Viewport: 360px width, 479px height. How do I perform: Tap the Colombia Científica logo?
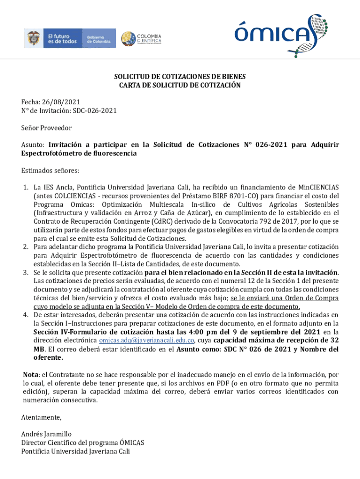[141, 39]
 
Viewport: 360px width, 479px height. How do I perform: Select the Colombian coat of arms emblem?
[33, 38]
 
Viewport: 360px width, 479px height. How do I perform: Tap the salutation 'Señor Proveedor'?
[46, 128]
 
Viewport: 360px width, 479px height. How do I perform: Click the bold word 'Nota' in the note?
[31, 375]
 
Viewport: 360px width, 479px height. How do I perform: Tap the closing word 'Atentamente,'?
[41, 417]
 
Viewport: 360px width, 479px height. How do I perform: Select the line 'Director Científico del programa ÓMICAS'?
[83, 443]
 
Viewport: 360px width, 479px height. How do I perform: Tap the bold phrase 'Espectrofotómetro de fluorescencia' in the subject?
[79, 153]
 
